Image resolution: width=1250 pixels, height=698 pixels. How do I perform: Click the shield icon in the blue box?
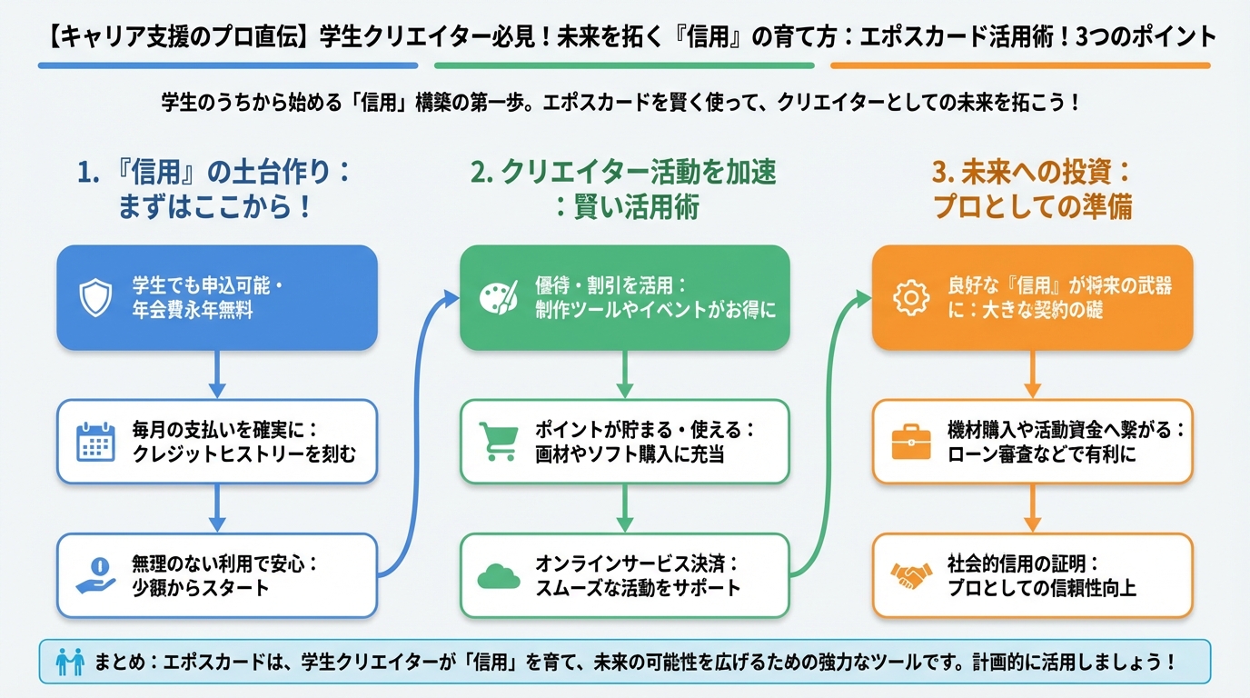(94, 297)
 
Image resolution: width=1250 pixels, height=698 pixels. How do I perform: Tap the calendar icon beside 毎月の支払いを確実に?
(94, 441)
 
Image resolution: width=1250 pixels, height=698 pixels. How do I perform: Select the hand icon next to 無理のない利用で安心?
(94, 575)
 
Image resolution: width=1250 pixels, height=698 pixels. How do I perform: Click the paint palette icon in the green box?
(498, 297)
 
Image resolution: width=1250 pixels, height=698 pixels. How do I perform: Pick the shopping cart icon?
(498, 441)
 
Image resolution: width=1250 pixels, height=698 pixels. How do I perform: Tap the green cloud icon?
(498, 575)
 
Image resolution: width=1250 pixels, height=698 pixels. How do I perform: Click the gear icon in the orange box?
(911, 297)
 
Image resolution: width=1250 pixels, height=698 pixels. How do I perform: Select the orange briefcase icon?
(911, 441)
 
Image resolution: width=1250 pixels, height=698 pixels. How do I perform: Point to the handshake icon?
(911, 575)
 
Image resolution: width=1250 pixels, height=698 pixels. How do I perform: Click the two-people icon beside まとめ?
(69, 661)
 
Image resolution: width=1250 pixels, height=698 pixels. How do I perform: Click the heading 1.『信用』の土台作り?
(216, 189)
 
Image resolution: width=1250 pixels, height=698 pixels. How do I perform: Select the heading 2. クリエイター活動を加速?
(625, 189)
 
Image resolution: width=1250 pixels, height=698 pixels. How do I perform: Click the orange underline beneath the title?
(1020, 65)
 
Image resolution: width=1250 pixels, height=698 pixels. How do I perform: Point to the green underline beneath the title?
(624, 65)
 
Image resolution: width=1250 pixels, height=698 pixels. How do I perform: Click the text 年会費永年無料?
(193, 310)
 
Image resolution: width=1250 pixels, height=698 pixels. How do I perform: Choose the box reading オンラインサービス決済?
(624, 575)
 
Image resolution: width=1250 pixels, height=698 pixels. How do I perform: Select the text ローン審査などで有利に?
(1041, 454)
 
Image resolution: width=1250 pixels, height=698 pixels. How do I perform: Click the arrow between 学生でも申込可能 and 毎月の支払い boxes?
(217, 374)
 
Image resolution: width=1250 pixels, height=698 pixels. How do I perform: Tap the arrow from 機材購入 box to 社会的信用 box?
(1033, 508)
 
